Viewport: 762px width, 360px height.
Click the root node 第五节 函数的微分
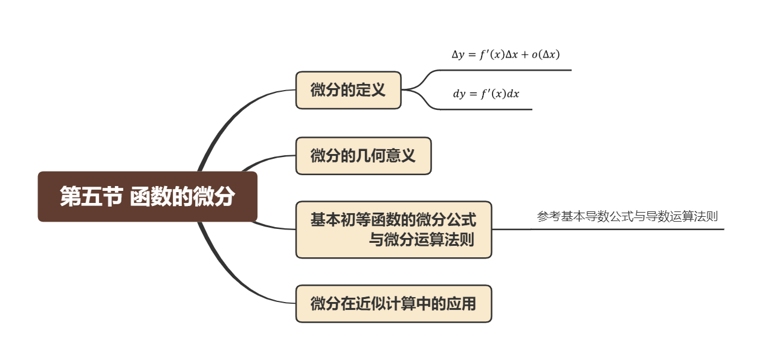(x=147, y=197)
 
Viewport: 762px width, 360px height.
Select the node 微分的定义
(x=348, y=91)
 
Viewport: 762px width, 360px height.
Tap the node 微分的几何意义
(x=363, y=156)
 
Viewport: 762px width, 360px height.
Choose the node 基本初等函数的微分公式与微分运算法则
(x=393, y=230)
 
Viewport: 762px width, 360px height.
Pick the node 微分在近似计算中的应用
(x=393, y=303)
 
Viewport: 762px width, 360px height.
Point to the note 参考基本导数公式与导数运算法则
(x=627, y=217)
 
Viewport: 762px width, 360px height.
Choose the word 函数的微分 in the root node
(x=182, y=197)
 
